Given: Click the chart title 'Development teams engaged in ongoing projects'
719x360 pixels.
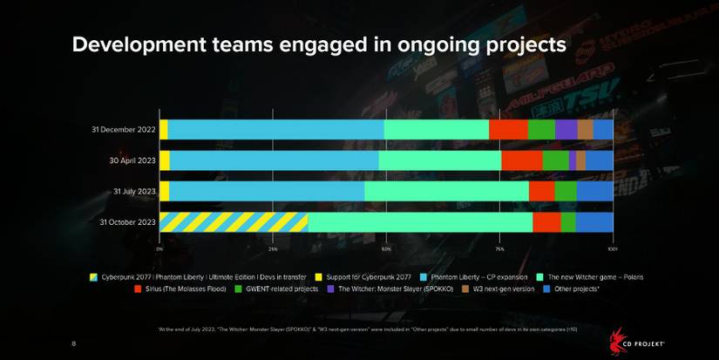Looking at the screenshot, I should coord(319,44).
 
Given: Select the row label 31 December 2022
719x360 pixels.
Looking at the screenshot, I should coord(123,130).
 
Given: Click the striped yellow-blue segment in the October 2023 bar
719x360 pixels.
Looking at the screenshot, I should coord(234,222).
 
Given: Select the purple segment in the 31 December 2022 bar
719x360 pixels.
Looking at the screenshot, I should coord(566,130).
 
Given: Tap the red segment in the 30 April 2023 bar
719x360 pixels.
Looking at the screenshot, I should coord(521,160).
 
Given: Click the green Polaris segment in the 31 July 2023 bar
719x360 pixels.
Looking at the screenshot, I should coord(446,191).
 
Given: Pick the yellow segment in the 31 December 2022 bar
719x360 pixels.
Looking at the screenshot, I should coord(163,130).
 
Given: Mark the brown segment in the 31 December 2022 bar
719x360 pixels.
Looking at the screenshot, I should coord(585,130).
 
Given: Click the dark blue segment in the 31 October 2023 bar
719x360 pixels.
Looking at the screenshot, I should coord(594,222).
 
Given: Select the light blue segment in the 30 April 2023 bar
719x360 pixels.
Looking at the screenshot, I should coord(274,160).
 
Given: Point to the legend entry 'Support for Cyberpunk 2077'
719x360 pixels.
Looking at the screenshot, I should coord(358,276).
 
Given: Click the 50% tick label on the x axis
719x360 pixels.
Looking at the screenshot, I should coord(386,249).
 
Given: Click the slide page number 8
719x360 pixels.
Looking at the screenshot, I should coord(73,344).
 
